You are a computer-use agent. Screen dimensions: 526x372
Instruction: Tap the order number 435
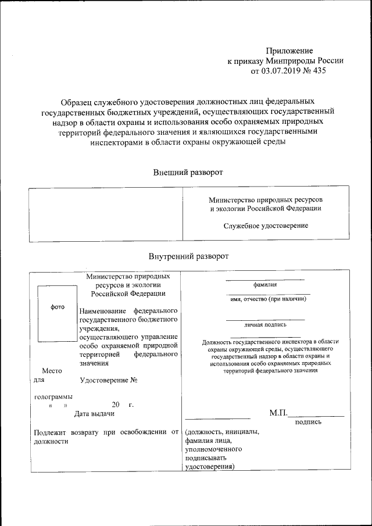coord(319,71)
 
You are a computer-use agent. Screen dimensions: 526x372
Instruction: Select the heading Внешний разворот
coord(188,172)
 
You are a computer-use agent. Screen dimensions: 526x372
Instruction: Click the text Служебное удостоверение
coord(266,226)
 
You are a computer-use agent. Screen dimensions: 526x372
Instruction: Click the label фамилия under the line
coord(265,285)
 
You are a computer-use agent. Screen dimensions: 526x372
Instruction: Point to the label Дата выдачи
coord(94,414)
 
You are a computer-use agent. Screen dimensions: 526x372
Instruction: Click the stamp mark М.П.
coord(278,413)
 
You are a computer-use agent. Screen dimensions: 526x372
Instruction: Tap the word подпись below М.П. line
coord(308,423)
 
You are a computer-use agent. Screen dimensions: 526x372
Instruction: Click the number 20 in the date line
coord(116,405)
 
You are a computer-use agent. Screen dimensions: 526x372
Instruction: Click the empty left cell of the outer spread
coord(105,213)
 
